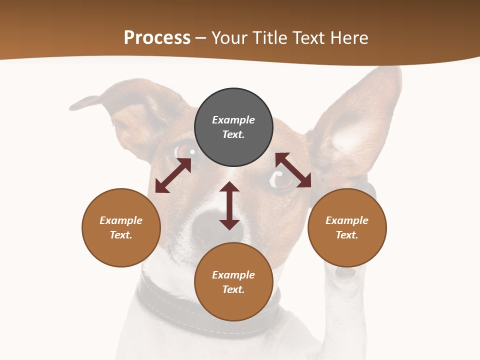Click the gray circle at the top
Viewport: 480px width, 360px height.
pyautogui.click(x=233, y=127)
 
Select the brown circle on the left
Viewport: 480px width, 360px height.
pyautogui.click(x=121, y=227)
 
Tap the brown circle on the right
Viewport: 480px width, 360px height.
pyautogui.click(x=347, y=227)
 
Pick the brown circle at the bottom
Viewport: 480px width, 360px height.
pyautogui.click(x=233, y=281)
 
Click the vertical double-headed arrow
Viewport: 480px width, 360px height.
pyautogui.click(x=229, y=205)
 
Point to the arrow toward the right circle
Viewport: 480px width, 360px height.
pyautogui.click(x=293, y=170)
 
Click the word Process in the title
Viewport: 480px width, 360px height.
pyautogui.click(x=157, y=37)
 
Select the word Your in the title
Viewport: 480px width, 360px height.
pyautogui.click(x=229, y=37)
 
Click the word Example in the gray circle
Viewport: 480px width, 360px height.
pyautogui.click(x=233, y=120)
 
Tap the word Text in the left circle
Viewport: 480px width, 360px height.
pyautogui.click(x=121, y=235)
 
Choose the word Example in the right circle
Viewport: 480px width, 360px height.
pyautogui.click(x=347, y=220)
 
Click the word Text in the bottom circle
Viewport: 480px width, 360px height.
pyautogui.click(x=233, y=289)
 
